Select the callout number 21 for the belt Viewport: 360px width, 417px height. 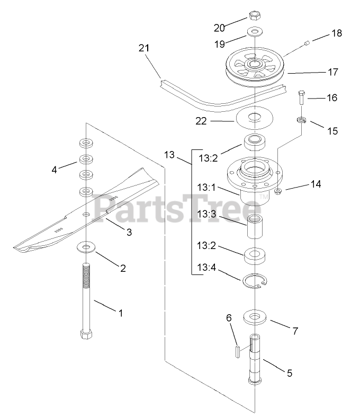click(x=144, y=48)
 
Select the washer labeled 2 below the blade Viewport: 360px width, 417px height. click(x=86, y=247)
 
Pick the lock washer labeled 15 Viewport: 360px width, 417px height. click(x=301, y=121)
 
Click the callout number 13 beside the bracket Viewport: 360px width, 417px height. click(x=169, y=155)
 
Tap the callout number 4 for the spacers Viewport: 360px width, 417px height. click(x=53, y=170)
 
